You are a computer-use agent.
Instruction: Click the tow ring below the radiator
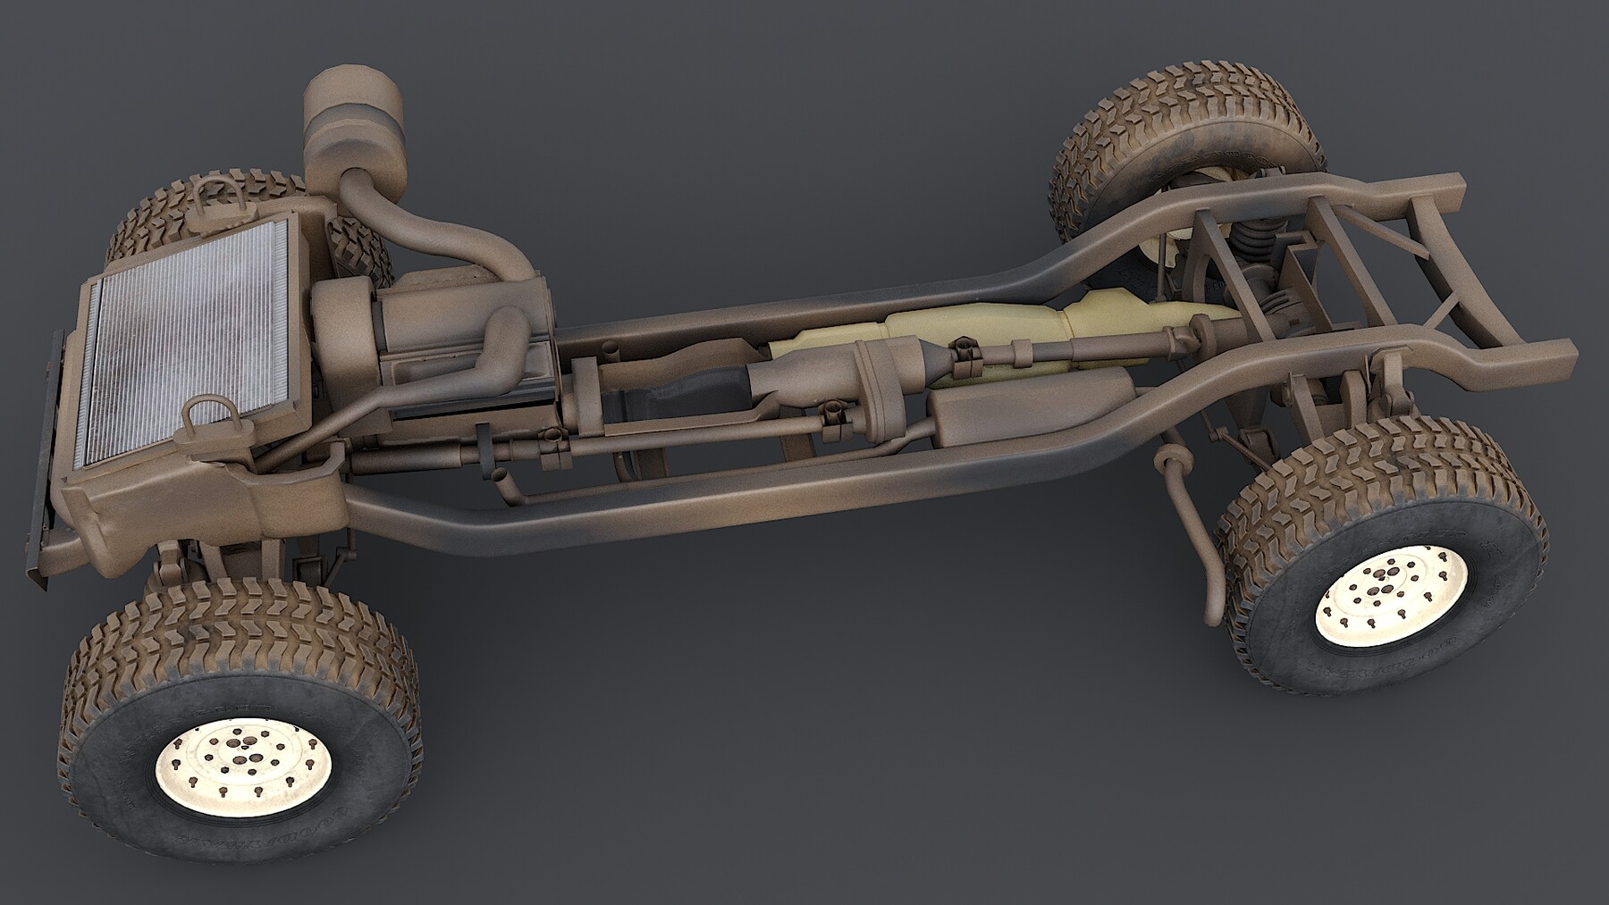point(204,415)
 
